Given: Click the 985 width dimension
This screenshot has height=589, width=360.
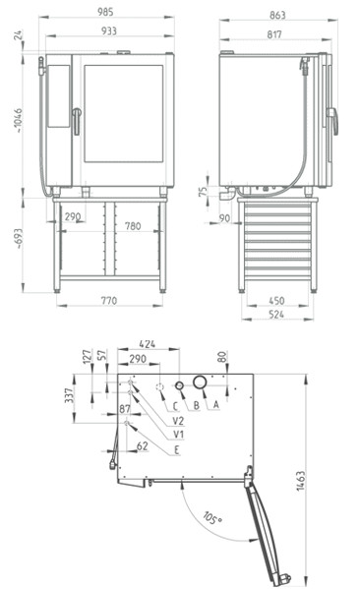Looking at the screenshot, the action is point(105,12).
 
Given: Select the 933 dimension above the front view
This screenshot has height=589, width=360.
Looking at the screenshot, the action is point(108,30).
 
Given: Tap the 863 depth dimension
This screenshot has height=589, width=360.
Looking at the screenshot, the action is point(277,15).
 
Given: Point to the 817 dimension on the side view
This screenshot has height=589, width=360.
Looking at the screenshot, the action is point(274,34).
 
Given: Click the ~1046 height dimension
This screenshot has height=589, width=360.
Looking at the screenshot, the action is point(18,121).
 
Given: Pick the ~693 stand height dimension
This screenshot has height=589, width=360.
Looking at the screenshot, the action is point(18,239).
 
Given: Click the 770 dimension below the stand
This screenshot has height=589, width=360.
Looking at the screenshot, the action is point(108,301).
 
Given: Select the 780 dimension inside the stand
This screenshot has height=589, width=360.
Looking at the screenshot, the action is point(133,226).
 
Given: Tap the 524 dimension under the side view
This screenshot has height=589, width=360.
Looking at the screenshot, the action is point(276,315).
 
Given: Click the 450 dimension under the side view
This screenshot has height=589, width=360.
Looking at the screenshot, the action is point(276,301).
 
